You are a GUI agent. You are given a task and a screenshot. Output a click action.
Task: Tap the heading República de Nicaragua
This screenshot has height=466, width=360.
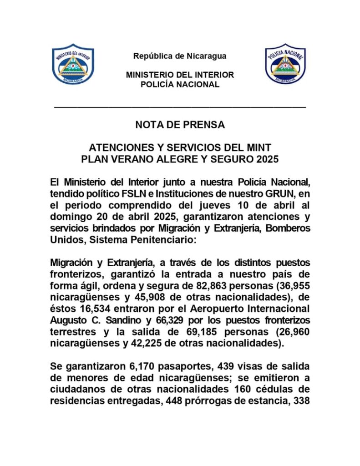pos(180,56)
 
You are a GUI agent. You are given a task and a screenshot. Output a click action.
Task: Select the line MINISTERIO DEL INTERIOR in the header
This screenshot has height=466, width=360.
pos(180,75)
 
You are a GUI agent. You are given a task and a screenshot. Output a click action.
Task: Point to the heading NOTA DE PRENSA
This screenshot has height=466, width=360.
pos(180,125)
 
